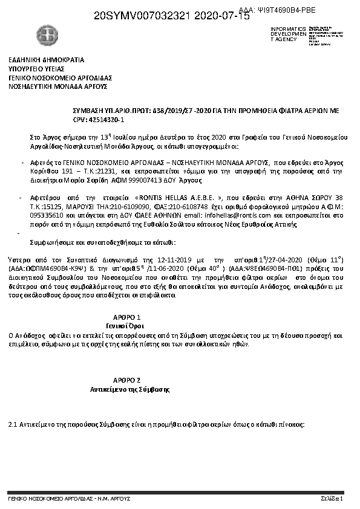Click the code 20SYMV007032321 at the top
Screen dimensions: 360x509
(x=146, y=16)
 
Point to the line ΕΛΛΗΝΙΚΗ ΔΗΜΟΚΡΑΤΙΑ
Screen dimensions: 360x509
(x=46, y=60)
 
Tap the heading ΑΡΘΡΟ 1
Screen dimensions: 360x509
(x=127, y=317)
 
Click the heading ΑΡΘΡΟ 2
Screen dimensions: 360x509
(x=127, y=380)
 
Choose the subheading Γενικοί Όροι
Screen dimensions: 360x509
(x=127, y=325)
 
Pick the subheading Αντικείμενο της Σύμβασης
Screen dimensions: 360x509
(x=127, y=389)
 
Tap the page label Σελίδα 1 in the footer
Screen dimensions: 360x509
(x=332, y=499)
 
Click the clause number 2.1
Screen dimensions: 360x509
(x=12, y=424)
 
